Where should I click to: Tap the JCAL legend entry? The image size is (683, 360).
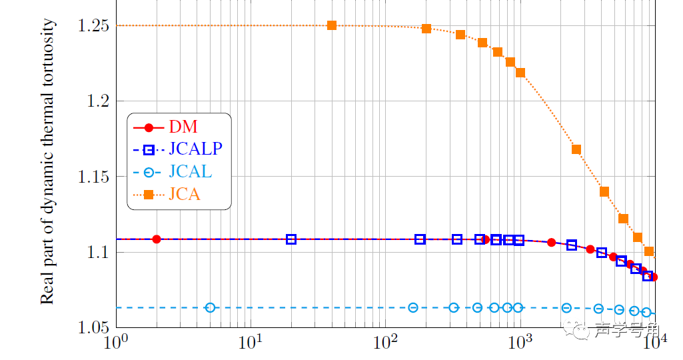point(191,172)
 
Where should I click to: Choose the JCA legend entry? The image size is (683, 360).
point(185,195)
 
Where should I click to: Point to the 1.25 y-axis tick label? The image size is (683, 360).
point(93,26)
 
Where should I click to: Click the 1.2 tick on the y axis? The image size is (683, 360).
point(98,101)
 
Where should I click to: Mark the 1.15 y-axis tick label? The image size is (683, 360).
point(93,177)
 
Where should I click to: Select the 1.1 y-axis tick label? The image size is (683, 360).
point(98,253)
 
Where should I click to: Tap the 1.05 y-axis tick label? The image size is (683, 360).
point(93,328)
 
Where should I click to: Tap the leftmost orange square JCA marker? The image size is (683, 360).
point(332,25)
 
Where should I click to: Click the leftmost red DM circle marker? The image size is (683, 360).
point(157,239)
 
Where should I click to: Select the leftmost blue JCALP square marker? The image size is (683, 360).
point(291,239)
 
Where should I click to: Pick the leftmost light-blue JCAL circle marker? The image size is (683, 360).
point(211,307)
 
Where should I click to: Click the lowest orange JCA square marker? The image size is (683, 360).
point(649,251)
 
